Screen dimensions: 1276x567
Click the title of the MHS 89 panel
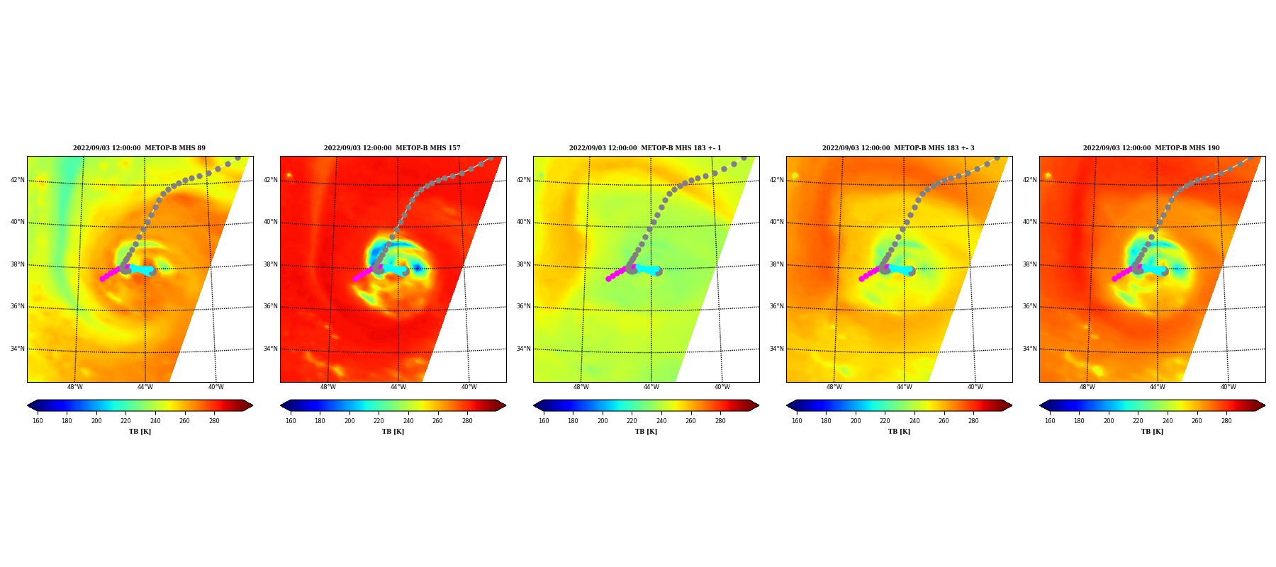(139, 148)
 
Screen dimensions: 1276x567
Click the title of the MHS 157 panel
(392, 148)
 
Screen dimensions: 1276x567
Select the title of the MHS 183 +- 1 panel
(645, 148)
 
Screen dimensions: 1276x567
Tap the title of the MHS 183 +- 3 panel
(898, 148)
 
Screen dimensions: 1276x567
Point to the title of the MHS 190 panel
(1151, 148)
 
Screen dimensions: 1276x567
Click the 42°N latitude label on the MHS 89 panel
(18, 180)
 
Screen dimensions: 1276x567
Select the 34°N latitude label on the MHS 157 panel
(271, 349)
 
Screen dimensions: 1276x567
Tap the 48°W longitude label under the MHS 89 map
(75, 387)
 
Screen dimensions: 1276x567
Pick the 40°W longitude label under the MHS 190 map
(1229, 387)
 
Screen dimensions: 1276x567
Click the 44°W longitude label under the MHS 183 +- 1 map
(651, 387)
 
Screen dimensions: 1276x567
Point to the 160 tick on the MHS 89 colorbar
(38, 421)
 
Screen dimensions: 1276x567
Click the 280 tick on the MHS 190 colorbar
(1226, 421)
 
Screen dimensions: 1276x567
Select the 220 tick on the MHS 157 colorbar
(379, 421)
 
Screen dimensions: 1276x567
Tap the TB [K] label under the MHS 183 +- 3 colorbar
(899, 432)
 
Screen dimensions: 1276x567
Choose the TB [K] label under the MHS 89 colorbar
(140, 432)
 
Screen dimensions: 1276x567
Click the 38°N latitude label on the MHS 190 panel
(1030, 264)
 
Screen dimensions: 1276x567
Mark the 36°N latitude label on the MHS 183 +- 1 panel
(524, 307)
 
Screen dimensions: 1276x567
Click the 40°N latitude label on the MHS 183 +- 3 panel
(777, 222)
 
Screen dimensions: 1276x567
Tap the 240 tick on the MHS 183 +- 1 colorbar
(661, 421)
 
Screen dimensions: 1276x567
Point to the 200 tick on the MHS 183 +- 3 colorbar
(856, 421)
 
